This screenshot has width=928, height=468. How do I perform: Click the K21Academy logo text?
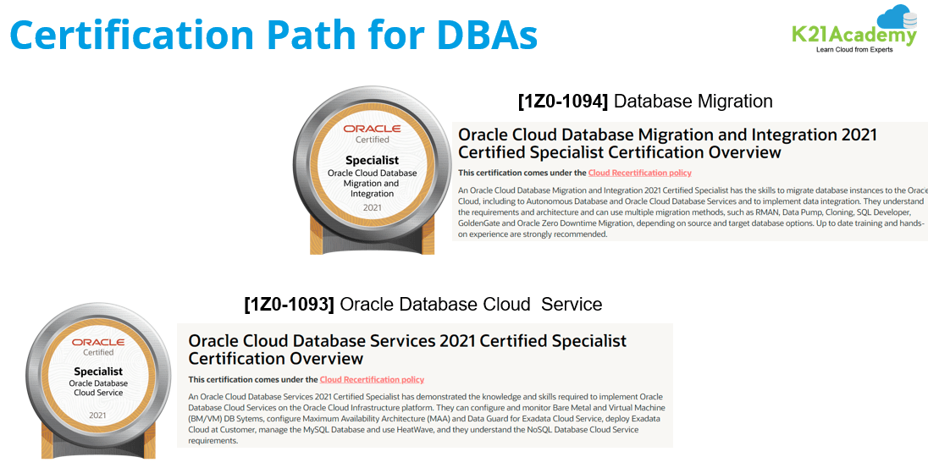pos(853,36)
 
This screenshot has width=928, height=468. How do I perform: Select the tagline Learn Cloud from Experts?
pos(853,51)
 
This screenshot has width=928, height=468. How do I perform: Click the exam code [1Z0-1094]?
pos(563,102)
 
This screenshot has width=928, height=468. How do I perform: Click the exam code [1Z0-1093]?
pos(289,304)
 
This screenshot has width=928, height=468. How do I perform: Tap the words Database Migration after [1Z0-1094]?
pos(693,102)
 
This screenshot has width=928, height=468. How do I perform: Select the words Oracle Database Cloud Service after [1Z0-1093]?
pos(471,304)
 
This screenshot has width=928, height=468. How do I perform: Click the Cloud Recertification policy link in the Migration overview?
pos(639,173)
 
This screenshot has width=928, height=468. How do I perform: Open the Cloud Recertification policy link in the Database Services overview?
pos(372,379)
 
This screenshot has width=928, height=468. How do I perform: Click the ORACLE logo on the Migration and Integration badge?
pos(372,129)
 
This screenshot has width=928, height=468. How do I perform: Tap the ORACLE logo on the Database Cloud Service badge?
pos(98,342)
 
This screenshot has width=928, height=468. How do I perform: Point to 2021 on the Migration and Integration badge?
pos(372,207)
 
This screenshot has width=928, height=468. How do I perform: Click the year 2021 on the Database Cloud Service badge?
pos(98,415)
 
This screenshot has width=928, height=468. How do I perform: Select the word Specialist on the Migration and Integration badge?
pos(372,159)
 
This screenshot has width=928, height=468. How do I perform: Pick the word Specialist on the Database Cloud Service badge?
pos(98,371)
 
